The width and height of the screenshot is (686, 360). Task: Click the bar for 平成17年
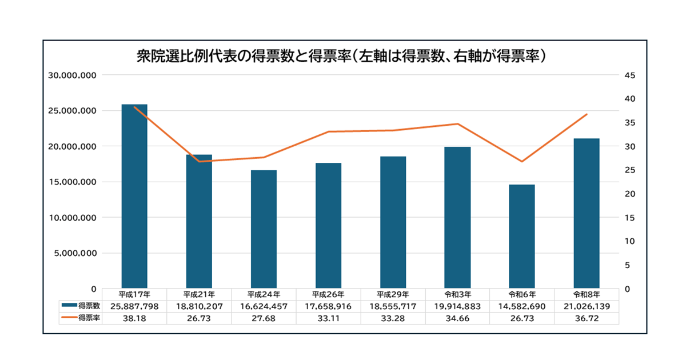[x=134, y=197]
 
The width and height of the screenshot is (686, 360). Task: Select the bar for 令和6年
[x=522, y=237]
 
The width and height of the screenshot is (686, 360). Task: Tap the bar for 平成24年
[x=264, y=229]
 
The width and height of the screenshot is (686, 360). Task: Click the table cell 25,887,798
[x=134, y=306]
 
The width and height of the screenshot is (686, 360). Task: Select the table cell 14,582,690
[x=522, y=306]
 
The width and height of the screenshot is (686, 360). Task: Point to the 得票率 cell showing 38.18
[x=134, y=318]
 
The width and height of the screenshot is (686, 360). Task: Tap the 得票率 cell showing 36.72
[x=587, y=318]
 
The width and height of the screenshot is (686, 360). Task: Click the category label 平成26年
[x=328, y=295]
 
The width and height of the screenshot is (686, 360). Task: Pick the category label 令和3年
[x=457, y=295]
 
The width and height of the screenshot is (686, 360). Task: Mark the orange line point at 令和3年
[x=457, y=124]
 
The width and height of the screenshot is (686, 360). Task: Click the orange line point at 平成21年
[x=199, y=162]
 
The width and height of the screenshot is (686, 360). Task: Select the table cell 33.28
[x=393, y=318]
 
